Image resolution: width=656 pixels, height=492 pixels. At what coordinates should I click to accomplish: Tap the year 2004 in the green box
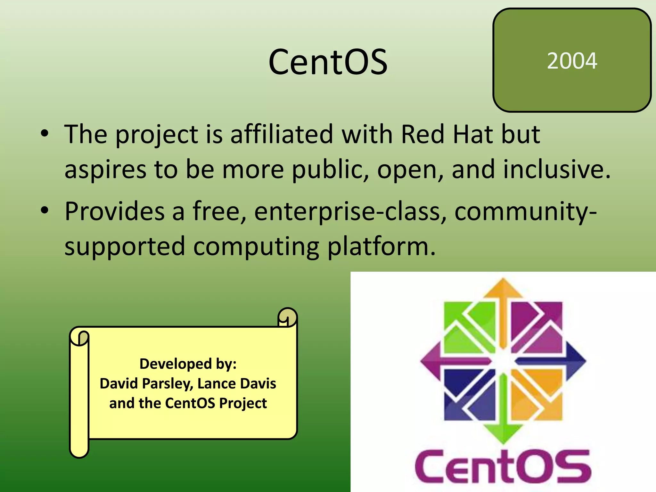572,61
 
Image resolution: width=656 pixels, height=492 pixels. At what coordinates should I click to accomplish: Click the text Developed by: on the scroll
188,364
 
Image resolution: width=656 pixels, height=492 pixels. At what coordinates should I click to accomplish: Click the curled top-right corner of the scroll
287,317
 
